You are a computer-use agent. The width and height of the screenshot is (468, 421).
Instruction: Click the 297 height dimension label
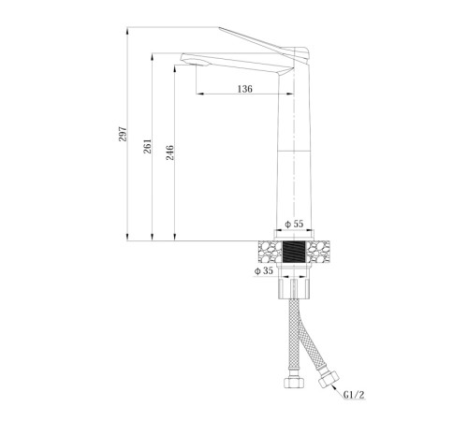(x=123, y=134)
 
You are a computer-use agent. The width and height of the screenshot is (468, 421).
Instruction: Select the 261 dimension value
(x=147, y=146)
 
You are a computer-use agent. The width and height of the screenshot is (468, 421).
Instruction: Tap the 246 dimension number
(x=169, y=152)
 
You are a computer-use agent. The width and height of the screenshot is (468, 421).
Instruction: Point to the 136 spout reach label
(x=245, y=89)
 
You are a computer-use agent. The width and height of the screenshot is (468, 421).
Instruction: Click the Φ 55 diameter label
(x=294, y=224)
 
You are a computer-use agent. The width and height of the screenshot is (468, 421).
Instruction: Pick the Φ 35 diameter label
(x=264, y=271)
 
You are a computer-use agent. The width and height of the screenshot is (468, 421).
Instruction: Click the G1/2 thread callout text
(x=354, y=395)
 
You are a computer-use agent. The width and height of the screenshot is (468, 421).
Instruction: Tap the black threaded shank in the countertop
(x=294, y=252)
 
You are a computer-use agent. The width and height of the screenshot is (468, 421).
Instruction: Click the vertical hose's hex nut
(x=294, y=382)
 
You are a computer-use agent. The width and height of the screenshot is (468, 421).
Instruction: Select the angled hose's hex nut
(x=329, y=379)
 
